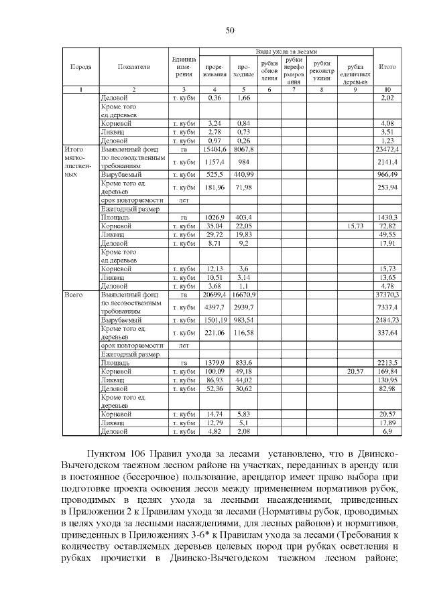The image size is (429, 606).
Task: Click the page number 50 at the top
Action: coord(229,30)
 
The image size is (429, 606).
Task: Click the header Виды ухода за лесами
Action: coord(286,52)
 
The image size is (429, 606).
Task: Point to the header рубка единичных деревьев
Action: coord(355,70)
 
